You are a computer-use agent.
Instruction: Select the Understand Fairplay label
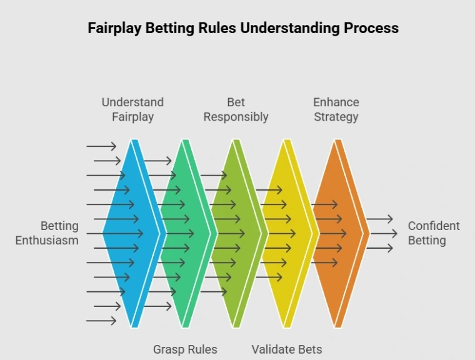pyautogui.click(x=132, y=109)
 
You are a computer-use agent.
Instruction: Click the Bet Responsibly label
pyautogui.click(x=236, y=109)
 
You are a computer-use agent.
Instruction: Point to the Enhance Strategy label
pyautogui.click(x=336, y=109)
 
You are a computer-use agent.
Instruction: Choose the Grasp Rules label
pyautogui.click(x=185, y=349)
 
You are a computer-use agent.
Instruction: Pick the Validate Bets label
pyautogui.click(x=287, y=349)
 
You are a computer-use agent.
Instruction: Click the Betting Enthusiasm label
pyautogui.click(x=47, y=233)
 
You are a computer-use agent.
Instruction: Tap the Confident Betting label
pyautogui.click(x=434, y=233)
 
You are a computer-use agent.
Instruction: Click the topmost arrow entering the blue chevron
pyautogui.click(x=101, y=146)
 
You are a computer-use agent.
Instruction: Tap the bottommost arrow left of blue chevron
pyautogui.click(x=101, y=321)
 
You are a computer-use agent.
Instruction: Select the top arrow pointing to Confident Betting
pyautogui.click(x=379, y=219)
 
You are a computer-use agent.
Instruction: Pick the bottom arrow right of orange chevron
pyautogui.click(x=379, y=248)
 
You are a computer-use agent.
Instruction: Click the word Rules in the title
pyautogui.click(x=236, y=28)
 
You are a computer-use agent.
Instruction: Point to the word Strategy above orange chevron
pyautogui.click(x=336, y=116)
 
